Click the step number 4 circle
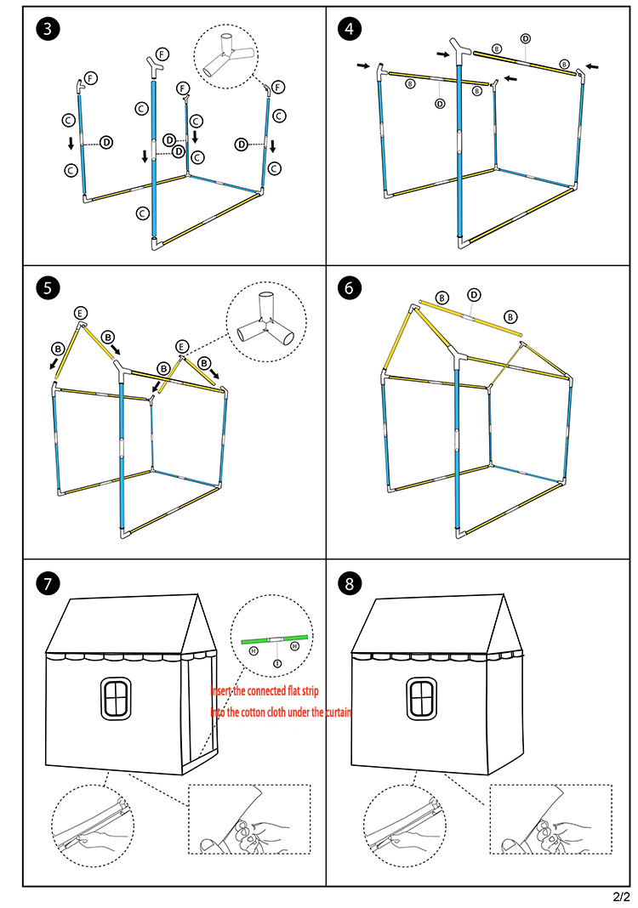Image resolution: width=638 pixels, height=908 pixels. (348, 29)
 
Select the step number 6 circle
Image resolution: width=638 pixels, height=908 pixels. (348, 288)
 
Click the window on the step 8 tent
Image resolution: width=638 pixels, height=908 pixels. (420, 698)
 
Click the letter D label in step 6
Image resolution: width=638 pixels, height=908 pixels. (475, 294)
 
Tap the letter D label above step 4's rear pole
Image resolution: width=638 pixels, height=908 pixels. (526, 38)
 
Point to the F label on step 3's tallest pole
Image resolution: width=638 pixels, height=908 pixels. (162, 54)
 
